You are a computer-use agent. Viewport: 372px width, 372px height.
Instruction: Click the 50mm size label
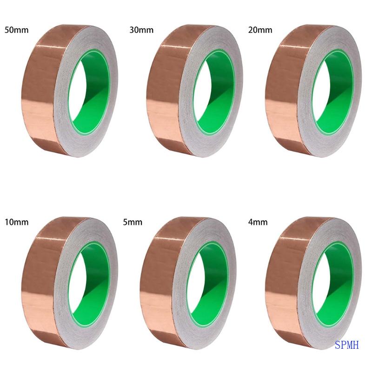coord(15,30)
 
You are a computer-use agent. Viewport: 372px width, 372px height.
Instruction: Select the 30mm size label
coord(141,30)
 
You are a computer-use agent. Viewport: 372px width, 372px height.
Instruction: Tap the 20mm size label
coord(260,30)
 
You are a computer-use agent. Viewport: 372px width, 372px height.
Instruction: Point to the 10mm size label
coord(16,222)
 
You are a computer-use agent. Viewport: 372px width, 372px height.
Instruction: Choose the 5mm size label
coord(133,222)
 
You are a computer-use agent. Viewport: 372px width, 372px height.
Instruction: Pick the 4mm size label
coord(259,222)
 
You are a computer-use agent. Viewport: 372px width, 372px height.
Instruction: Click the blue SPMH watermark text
coord(347,345)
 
